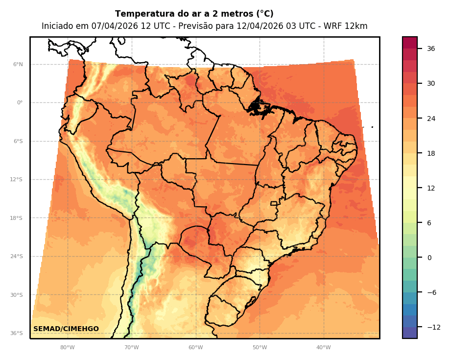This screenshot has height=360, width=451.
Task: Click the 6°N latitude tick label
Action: click(x=18, y=64)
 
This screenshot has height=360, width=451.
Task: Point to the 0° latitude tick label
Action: click(x=20, y=103)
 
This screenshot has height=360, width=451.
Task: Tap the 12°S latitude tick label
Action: click(x=16, y=180)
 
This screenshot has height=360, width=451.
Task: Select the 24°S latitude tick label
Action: click(x=16, y=257)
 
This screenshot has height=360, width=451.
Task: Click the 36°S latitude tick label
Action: click(x=16, y=334)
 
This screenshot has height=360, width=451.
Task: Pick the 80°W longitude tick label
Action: click(x=67, y=348)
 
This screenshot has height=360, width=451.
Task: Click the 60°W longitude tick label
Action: click(x=195, y=348)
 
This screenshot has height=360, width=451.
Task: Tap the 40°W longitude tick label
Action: click(x=323, y=348)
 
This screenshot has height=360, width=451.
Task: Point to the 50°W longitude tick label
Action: click(x=260, y=348)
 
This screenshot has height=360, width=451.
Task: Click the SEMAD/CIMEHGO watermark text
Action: click(x=66, y=329)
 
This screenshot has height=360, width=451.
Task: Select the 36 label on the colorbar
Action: click(x=431, y=48)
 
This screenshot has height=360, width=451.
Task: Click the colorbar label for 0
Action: click(x=429, y=258)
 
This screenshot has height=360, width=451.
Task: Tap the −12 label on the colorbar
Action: click(x=433, y=327)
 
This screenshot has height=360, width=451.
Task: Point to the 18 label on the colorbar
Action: click(x=431, y=153)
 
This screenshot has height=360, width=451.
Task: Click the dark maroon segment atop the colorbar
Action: click(x=410, y=43)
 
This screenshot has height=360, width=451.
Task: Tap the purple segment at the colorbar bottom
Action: click(x=410, y=333)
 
